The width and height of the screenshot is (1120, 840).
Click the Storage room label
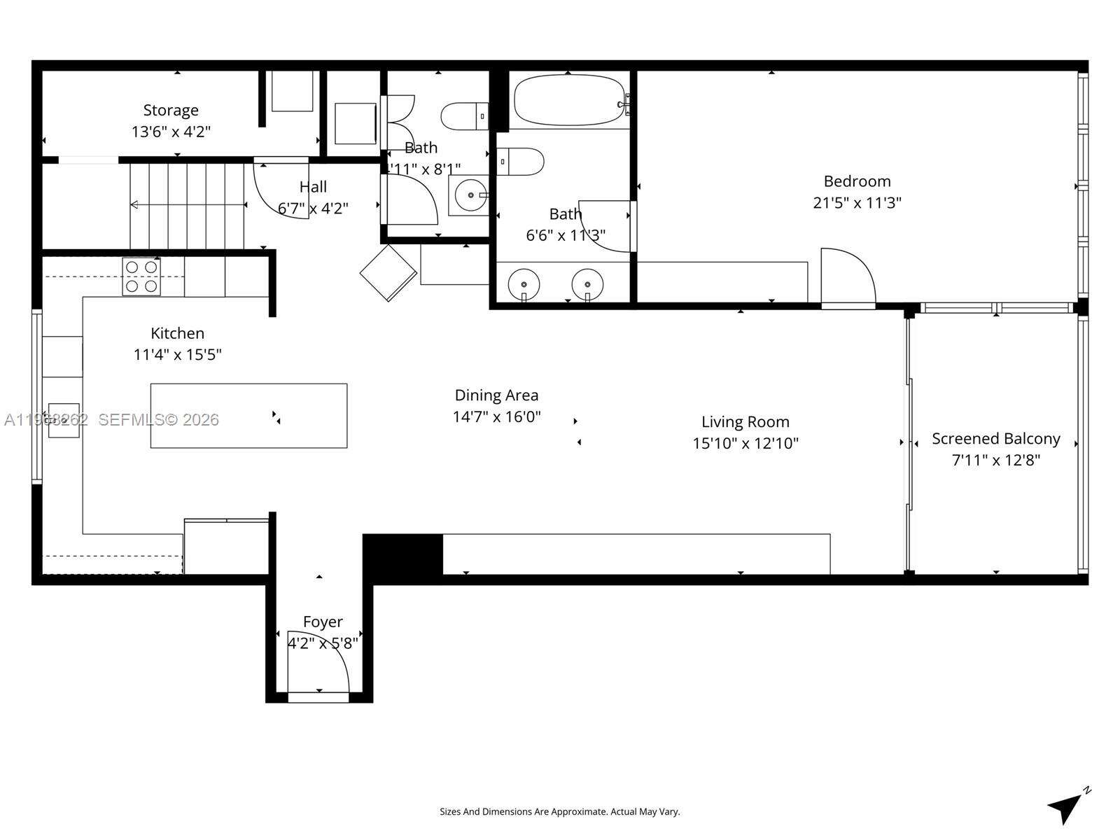pos(171,111)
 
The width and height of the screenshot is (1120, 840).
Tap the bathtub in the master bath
pos(569,100)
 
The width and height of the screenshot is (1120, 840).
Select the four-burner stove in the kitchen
pos(141,276)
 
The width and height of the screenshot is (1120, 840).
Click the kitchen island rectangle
pos(248,415)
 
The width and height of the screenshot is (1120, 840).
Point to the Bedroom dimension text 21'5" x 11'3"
pos(857,203)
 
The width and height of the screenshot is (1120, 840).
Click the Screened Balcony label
pos(995,439)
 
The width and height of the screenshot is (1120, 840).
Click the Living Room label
pos(745,422)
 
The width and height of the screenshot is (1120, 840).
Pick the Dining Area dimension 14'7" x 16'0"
pos(496,417)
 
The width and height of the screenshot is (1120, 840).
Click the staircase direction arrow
pos(188,204)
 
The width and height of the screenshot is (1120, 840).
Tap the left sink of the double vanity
pos(524,284)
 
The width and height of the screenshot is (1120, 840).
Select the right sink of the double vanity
pos(587,284)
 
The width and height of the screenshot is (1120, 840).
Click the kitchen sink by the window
pos(64,420)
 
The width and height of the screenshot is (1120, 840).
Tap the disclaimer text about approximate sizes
pos(559,812)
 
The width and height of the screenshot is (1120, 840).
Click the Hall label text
pos(313,187)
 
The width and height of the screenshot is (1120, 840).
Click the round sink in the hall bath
pos(470,195)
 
